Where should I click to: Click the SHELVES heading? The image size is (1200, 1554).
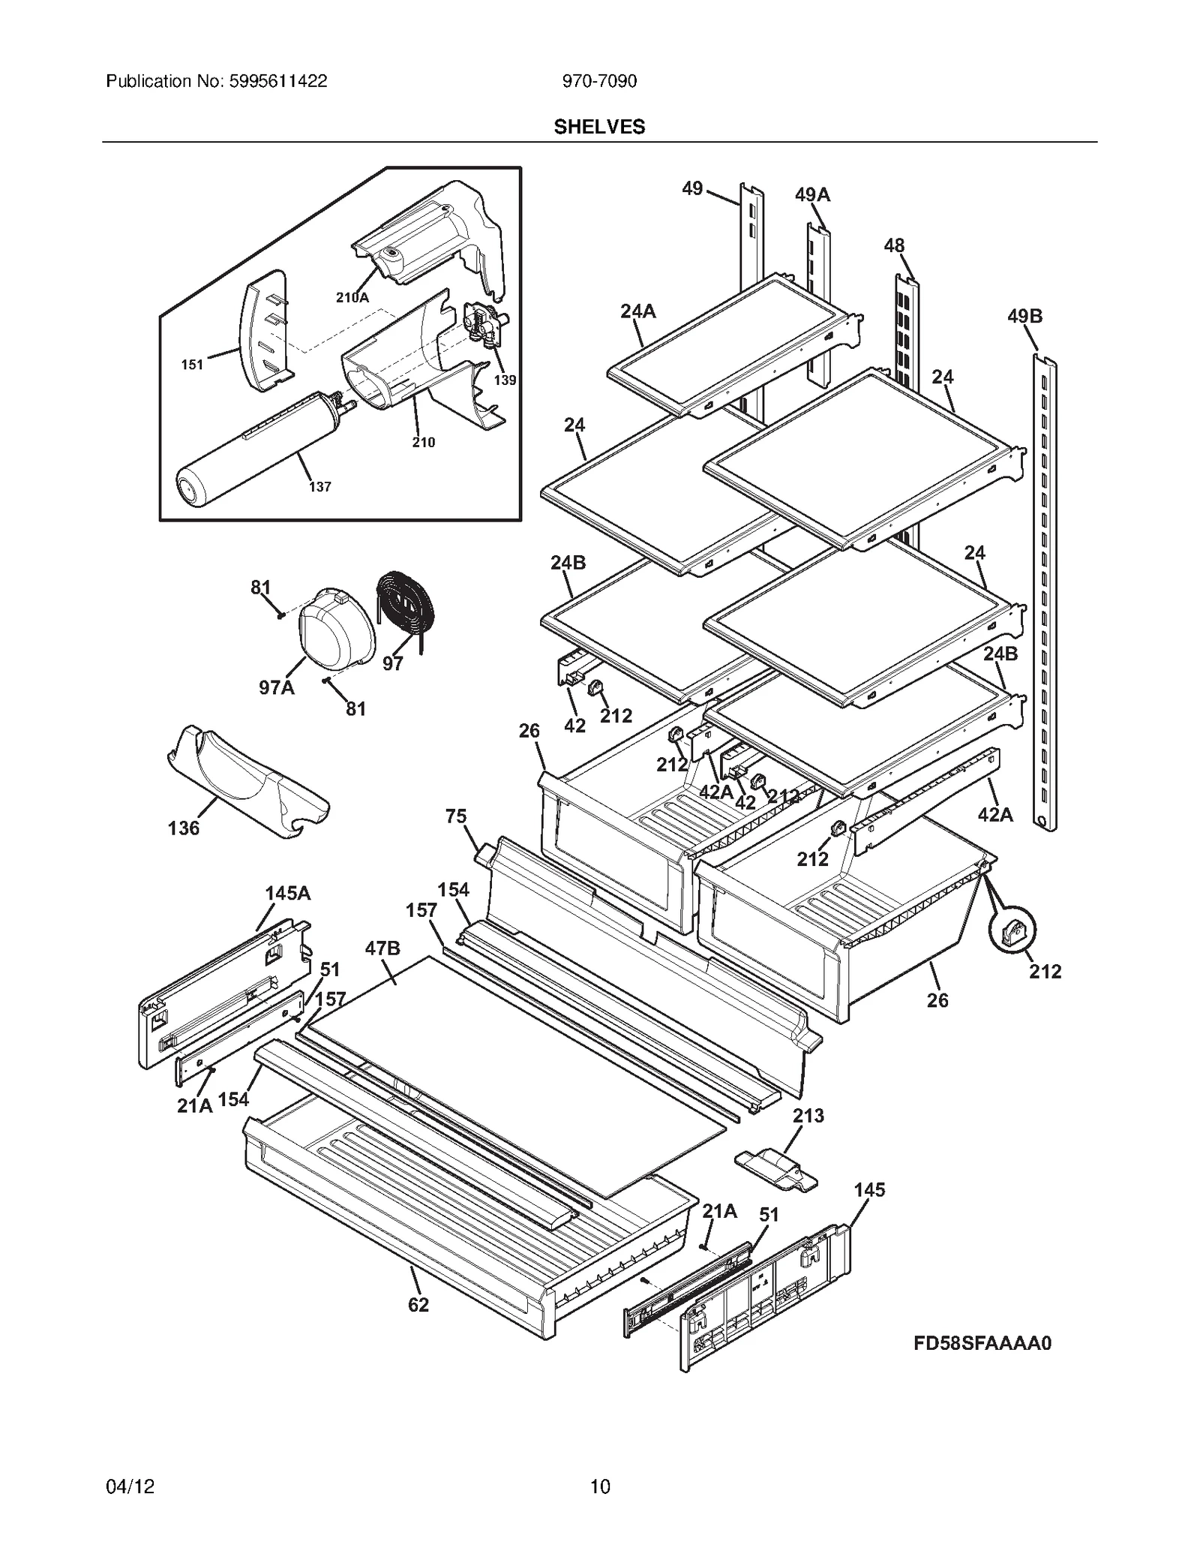(x=599, y=127)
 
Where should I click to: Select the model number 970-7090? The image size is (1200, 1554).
(x=599, y=81)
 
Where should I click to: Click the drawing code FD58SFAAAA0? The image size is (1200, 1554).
(x=982, y=1342)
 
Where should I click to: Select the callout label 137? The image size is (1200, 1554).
(x=319, y=487)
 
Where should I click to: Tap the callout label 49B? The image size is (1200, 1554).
(x=1024, y=316)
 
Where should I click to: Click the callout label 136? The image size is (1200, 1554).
(x=183, y=828)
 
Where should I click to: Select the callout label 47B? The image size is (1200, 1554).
(x=382, y=948)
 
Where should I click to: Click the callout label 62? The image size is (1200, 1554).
(x=418, y=1305)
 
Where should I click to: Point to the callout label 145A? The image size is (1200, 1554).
(x=287, y=893)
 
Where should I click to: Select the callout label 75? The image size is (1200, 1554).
(x=455, y=816)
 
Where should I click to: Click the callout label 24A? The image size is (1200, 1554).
(x=637, y=311)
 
